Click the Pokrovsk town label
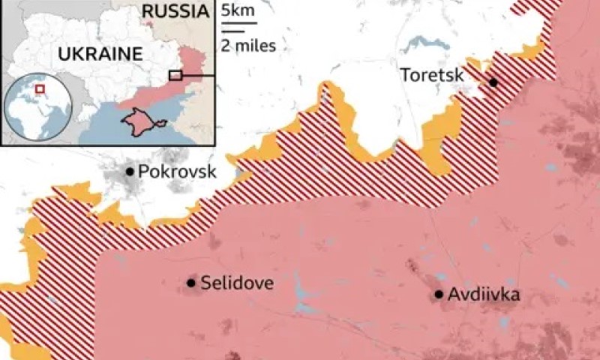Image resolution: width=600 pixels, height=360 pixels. [177, 172]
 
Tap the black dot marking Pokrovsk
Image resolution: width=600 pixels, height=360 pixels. [130, 172]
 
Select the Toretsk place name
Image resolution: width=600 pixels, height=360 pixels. [431, 74]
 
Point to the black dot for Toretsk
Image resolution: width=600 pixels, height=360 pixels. [493, 82]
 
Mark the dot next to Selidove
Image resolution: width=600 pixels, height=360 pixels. [191, 283]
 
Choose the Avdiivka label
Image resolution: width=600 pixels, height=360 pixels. [484, 295]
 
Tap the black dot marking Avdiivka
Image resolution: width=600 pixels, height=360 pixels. [439, 295]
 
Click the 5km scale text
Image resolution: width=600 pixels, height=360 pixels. [238, 11]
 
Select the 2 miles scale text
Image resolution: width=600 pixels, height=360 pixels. [248, 46]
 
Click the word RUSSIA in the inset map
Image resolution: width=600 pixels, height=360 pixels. [174, 11]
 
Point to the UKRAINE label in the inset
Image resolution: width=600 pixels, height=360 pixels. [95, 55]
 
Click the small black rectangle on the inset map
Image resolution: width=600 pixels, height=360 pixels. [175, 75]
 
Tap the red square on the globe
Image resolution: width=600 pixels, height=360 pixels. [40, 89]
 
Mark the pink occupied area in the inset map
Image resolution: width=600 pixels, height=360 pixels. [191, 64]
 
